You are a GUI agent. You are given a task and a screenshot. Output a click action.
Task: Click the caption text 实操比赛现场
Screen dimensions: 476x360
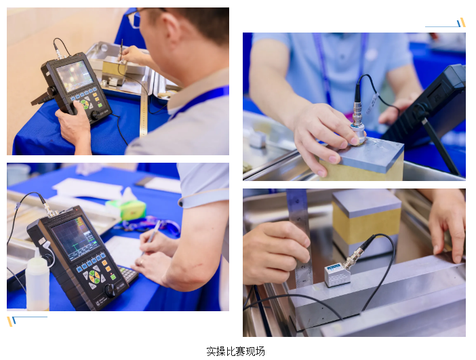[x=235, y=351]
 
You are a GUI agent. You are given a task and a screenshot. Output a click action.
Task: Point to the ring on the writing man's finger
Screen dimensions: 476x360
[x=141, y=261]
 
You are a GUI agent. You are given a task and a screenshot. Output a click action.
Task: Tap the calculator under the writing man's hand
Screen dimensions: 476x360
[x=129, y=274]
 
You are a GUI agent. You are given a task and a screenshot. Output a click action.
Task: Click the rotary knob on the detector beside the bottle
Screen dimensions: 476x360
[x=111, y=290]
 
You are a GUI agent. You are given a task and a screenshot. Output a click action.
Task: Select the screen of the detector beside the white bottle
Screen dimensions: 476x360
[x=75, y=237]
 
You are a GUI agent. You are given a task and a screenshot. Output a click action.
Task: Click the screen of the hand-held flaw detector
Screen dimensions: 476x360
[x=75, y=75]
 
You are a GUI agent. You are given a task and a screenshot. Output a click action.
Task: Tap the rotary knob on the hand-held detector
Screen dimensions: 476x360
[x=96, y=115]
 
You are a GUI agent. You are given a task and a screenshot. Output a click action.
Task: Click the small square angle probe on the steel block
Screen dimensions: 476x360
[x=337, y=275]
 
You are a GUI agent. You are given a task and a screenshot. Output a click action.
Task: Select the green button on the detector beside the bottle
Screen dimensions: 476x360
[x=113, y=277]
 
